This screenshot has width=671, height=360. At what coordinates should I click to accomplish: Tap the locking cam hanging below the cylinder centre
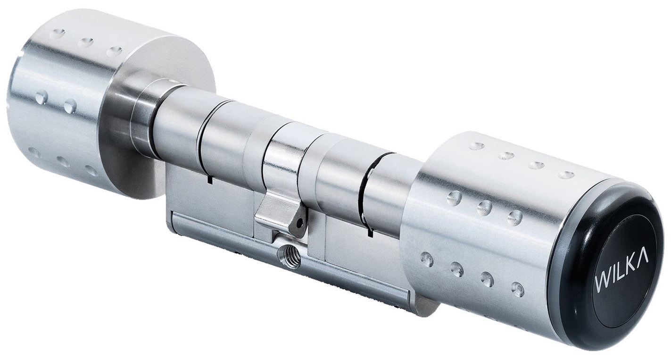[280, 214]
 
